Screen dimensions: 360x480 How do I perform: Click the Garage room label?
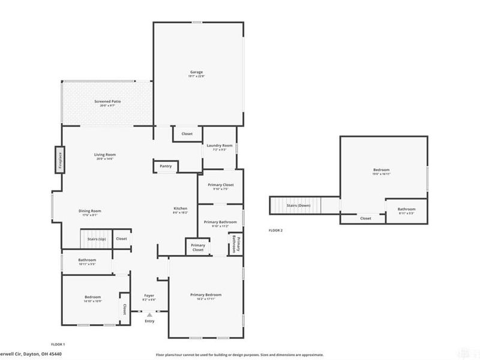click(x=197, y=72)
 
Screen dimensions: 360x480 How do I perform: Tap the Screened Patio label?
click(x=107, y=102)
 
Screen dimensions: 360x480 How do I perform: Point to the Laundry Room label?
click(x=219, y=146)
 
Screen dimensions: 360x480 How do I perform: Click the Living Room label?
click(x=104, y=155)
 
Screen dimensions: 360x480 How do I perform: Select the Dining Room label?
click(x=90, y=211)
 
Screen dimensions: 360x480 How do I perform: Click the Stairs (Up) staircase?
click(x=96, y=238)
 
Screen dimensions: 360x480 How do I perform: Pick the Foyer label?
click(x=149, y=296)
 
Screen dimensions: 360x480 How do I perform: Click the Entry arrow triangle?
click(x=149, y=314)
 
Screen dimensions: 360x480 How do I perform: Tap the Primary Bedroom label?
click(x=206, y=295)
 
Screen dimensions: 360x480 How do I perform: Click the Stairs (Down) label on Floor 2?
click(x=298, y=206)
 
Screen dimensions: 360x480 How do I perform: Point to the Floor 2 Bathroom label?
click(x=406, y=209)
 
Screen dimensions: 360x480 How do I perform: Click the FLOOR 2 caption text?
click(x=275, y=230)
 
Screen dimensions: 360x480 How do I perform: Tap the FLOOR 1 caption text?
click(x=58, y=344)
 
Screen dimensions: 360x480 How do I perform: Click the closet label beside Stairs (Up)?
click(x=122, y=238)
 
